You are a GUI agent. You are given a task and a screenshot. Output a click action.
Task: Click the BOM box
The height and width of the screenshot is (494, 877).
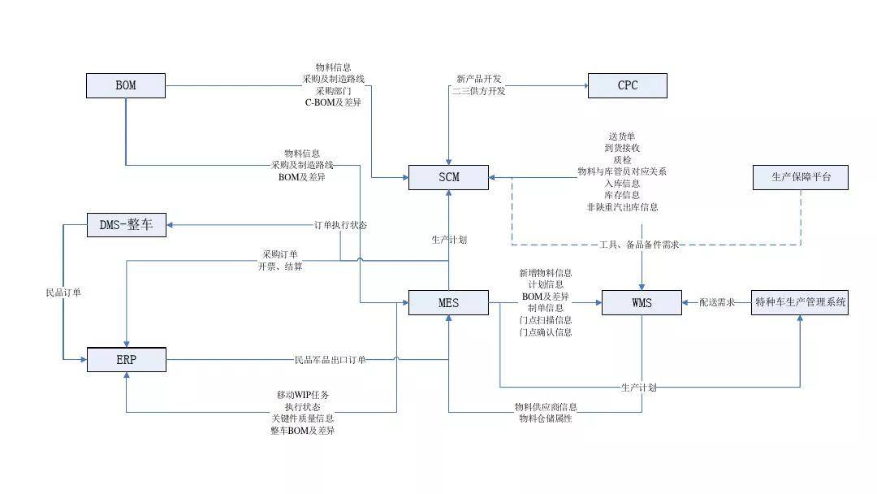point(126,85)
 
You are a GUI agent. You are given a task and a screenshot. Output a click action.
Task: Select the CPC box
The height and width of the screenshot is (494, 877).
point(627,85)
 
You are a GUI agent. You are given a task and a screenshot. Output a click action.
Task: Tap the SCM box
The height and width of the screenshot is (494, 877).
point(448,177)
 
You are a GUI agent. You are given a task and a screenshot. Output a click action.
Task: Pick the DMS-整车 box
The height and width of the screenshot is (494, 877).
point(126,225)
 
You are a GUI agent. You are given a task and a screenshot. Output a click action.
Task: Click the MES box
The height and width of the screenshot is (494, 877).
point(448,302)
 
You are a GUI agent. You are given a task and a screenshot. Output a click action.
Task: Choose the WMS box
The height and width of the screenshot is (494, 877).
point(642,302)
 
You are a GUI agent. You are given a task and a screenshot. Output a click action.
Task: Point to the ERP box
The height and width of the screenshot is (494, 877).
point(126,359)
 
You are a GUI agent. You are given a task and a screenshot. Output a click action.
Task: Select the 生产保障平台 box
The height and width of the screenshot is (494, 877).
point(801,177)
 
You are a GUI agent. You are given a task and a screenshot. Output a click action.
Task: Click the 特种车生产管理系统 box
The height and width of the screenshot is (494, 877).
point(801,302)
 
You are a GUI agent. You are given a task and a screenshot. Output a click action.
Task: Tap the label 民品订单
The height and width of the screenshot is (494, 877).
point(63,292)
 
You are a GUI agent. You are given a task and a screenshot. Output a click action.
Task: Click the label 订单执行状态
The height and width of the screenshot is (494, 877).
point(340,225)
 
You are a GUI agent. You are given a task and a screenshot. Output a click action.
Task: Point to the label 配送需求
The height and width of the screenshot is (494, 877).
point(717,302)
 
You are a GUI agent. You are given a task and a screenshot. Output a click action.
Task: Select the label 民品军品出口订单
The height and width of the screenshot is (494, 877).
point(330,359)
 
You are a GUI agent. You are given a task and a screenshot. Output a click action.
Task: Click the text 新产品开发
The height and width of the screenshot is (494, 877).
point(479,79)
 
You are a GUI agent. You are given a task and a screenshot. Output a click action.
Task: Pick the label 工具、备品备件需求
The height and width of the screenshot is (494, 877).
point(639,245)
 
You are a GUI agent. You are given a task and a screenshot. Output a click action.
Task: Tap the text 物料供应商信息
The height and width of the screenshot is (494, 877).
point(546,406)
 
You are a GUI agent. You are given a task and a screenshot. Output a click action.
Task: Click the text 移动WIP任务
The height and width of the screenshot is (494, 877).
point(303,395)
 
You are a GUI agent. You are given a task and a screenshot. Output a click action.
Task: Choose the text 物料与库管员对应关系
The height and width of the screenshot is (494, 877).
point(622,171)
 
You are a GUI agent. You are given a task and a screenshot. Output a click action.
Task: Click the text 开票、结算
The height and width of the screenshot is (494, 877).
point(280,266)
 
